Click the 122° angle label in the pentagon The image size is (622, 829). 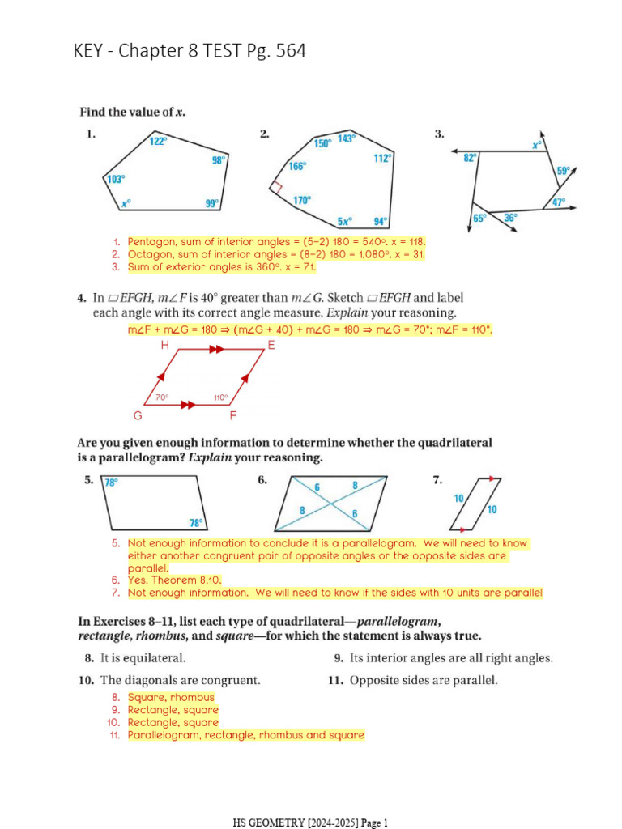159,141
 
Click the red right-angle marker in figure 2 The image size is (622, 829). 275,186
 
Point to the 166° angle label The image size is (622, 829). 297,166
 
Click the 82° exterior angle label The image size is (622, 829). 470,159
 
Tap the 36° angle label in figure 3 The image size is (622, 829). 510,217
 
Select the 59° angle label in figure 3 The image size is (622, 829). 564,171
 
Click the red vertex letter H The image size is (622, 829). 165,345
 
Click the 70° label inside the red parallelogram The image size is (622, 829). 162,397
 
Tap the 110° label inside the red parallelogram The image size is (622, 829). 220,397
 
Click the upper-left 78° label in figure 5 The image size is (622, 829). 112,483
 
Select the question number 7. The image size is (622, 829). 437,480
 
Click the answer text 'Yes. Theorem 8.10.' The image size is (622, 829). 174,580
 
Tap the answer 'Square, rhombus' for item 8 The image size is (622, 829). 171,697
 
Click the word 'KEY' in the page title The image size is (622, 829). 92,52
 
